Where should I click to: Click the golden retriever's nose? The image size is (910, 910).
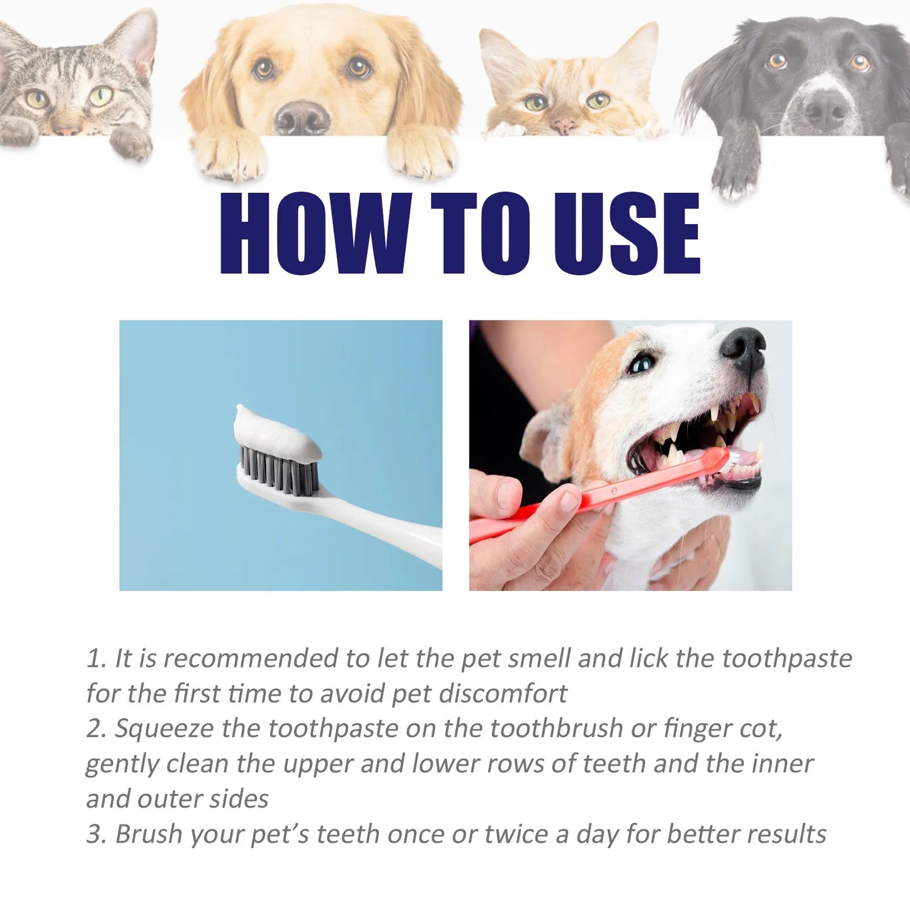(x=302, y=117)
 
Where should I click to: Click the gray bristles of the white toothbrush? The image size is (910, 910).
(x=277, y=466)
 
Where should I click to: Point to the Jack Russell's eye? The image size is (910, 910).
(x=642, y=363)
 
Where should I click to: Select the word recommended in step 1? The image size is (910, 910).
(x=251, y=658)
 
